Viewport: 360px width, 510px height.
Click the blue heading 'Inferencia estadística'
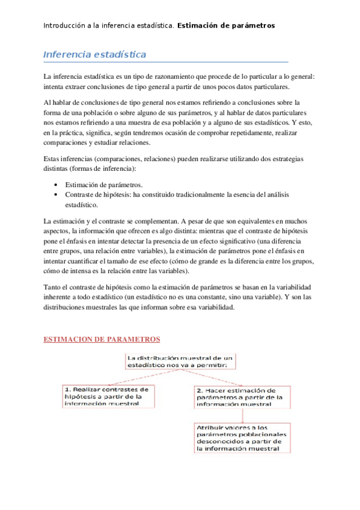[x=95, y=55]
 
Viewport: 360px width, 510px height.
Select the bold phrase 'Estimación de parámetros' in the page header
[x=226, y=25]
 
